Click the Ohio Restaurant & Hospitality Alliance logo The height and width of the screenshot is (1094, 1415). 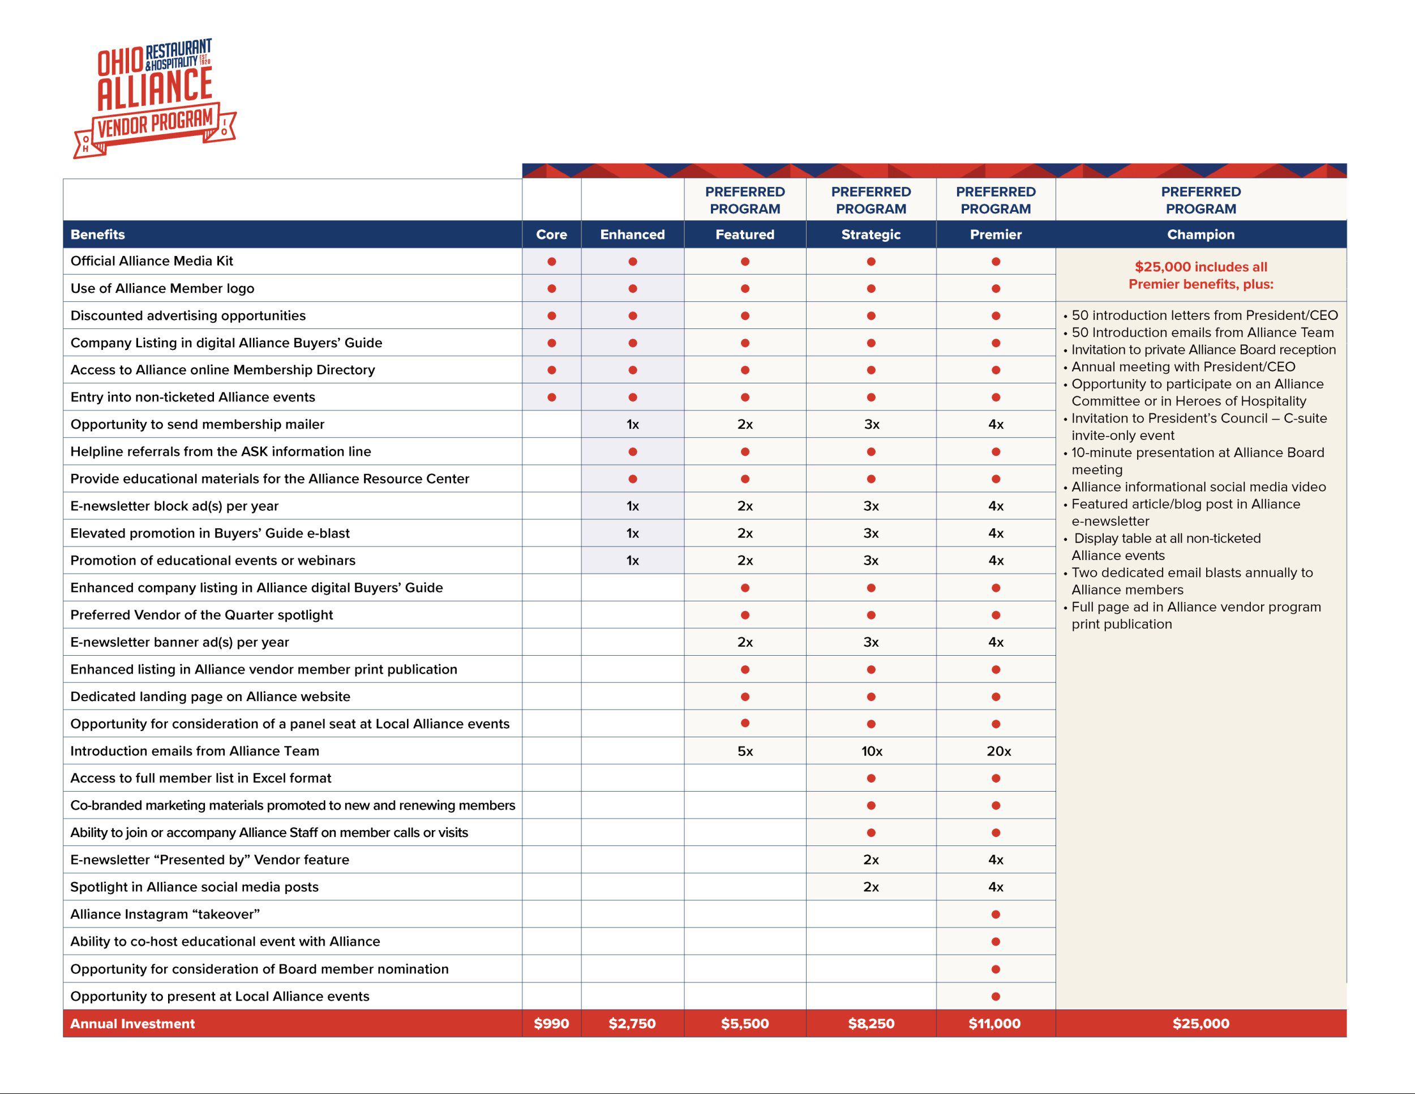tap(156, 97)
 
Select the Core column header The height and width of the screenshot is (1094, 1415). tap(551, 234)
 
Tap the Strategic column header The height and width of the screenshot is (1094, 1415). tap(871, 234)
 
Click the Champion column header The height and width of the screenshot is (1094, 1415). tap(1200, 234)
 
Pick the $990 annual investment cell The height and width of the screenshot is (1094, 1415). tap(551, 1023)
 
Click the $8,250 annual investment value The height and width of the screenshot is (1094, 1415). tap(871, 1023)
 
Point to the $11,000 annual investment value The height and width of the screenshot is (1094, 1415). tap(994, 1023)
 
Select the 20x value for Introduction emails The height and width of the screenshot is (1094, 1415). tap(998, 751)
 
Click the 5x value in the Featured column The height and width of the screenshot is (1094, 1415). tap(745, 751)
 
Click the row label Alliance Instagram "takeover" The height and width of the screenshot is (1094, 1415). tap(165, 914)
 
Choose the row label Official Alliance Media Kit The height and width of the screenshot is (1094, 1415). tap(152, 261)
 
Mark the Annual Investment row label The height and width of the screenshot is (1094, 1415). tap(133, 1023)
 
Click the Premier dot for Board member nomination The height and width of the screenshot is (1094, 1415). tap(996, 969)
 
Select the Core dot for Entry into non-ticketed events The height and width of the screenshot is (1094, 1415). tap(551, 398)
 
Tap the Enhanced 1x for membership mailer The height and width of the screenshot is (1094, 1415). tap(632, 425)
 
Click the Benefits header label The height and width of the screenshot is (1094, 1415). tap(98, 234)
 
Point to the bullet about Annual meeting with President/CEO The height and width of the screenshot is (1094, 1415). tap(1183, 367)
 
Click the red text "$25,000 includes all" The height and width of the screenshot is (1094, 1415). tap(1200, 267)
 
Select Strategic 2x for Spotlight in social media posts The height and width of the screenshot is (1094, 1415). tap(871, 887)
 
